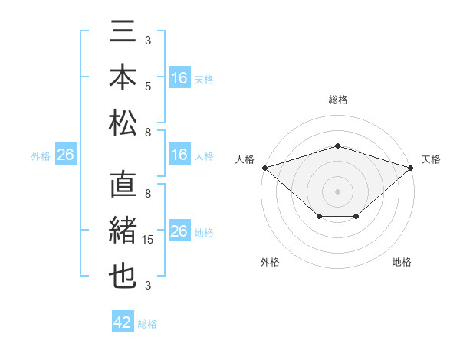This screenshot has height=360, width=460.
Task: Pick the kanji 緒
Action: (x=123, y=232)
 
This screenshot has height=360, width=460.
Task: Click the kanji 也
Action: (x=123, y=276)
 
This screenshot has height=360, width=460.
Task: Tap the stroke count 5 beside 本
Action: (x=148, y=86)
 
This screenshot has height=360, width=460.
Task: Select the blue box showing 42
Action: (x=123, y=322)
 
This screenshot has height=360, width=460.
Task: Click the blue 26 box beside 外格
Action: (x=65, y=155)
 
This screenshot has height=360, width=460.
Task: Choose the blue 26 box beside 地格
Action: (x=179, y=231)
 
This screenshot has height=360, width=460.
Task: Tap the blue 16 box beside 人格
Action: (x=179, y=155)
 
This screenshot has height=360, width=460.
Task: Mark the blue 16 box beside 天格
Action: (x=179, y=78)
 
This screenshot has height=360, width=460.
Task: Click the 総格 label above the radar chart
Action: (x=337, y=100)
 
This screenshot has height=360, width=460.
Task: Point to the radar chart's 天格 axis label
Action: (x=431, y=159)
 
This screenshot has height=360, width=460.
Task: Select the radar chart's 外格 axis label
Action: (x=270, y=262)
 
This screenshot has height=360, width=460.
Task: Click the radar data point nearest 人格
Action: (x=264, y=167)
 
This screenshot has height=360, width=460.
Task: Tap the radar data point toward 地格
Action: (x=356, y=217)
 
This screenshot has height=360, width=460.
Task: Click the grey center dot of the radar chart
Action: (x=337, y=191)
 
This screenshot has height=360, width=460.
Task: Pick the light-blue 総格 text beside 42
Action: (x=147, y=324)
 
